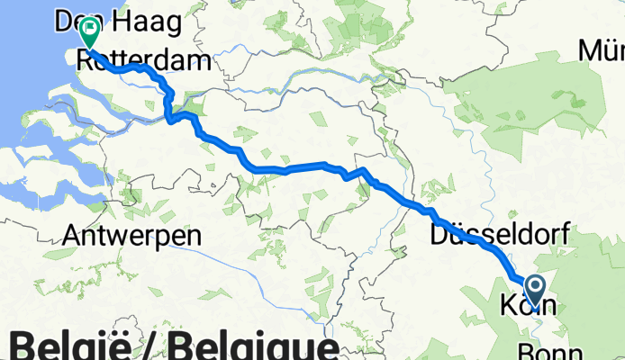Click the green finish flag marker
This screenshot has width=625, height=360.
[90, 33]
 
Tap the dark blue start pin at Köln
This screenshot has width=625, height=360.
[535, 291]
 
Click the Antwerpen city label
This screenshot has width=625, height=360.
[131, 236]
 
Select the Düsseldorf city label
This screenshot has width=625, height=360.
[500, 236]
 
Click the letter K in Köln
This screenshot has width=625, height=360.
[506, 307]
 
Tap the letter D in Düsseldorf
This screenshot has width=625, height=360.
[439, 236]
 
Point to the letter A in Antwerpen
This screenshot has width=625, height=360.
[72, 236]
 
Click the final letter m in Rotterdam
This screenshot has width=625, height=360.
[203, 61]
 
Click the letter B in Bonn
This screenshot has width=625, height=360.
[527, 351]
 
